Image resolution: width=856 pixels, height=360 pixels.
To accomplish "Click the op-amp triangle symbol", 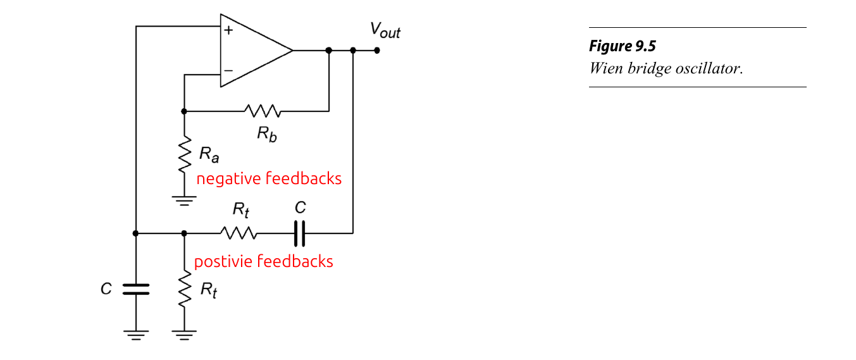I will (253, 50).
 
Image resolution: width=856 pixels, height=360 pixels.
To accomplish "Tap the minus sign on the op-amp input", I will (228, 71).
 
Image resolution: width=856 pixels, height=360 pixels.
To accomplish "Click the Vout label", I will (385, 30).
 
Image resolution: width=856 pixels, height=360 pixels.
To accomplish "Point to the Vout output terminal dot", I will (377, 50).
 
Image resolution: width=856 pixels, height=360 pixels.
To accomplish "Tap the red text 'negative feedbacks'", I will (269, 179).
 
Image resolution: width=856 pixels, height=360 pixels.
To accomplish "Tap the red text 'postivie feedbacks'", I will (263, 261).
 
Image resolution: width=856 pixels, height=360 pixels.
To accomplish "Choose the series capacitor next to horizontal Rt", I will (300, 233).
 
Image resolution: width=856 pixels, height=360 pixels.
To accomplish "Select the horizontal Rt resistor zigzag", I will (239, 233).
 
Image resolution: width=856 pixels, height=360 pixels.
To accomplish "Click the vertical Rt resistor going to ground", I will (184, 290).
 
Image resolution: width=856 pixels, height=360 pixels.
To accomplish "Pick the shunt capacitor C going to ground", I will (135, 289).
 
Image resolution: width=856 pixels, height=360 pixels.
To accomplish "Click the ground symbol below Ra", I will (184, 201).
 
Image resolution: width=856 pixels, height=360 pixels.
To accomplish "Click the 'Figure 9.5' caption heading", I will (623, 46).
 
